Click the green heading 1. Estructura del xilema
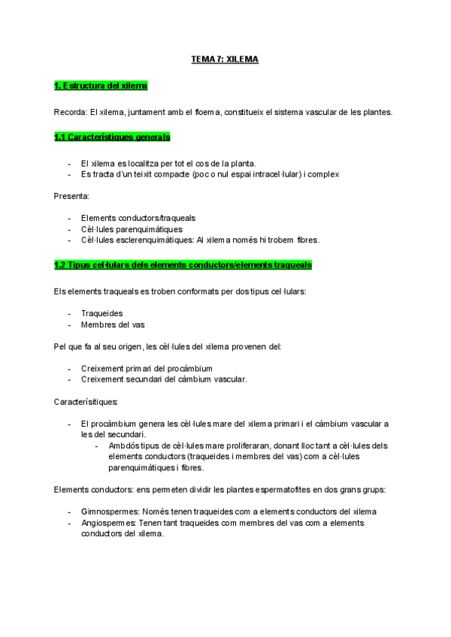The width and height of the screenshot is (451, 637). pos(101,86)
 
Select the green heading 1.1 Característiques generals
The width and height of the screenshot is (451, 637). pos(112,137)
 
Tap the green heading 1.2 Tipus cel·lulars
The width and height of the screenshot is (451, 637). pos(183,265)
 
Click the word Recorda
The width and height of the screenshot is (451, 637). pos(70,112)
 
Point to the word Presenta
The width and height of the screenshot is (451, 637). pos(71,196)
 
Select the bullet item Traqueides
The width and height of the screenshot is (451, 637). pos(102,313)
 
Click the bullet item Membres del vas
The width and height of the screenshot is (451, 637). pos(113,325)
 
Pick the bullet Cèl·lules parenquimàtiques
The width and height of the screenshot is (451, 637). pos(132,229)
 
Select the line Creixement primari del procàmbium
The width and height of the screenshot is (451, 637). pos(147,368)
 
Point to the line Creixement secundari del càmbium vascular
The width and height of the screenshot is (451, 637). pos(164,379)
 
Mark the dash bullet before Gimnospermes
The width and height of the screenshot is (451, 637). pos(71,512)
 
